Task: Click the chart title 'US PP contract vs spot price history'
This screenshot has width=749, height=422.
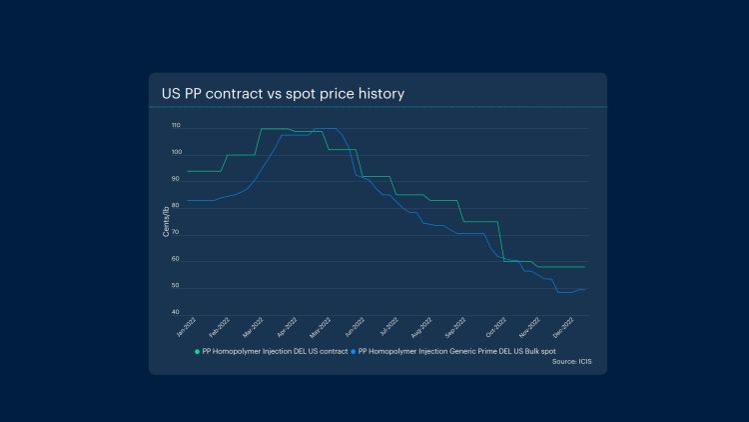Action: (x=283, y=94)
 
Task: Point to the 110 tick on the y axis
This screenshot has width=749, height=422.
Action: (x=175, y=127)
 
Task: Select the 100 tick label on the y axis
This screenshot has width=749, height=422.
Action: (x=175, y=153)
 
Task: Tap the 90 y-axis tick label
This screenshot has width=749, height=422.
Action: (x=176, y=180)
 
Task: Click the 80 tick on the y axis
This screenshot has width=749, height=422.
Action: (x=176, y=207)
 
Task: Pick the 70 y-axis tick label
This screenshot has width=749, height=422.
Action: (x=176, y=234)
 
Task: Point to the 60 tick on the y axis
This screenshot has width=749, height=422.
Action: (x=176, y=260)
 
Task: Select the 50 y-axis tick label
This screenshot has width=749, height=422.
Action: (x=176, y=287)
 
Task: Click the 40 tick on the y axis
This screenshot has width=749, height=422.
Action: (x=176, y=313)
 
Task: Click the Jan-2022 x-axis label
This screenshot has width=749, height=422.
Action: (x=186, y=326)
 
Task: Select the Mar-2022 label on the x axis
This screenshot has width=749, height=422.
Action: (x=253, y=326)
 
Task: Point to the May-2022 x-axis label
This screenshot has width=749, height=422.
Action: (x=320, y=326)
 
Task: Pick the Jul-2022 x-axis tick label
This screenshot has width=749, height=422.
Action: (x=386, y=326)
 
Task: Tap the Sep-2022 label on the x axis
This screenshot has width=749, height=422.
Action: (x=455, y=326)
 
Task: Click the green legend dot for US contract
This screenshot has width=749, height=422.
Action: (x=197, y=351)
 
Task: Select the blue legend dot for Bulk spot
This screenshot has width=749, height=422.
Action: (x=353, y=351)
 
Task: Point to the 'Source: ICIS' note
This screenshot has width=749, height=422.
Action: (x=571, y=361)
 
